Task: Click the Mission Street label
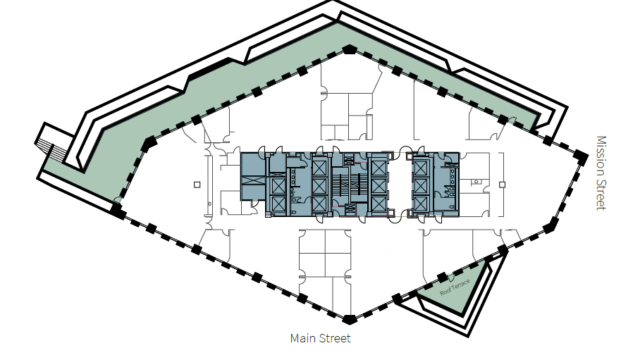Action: [x=601, y=173]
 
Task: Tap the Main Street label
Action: [x=320, y=339]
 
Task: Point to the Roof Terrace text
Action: [x=454, y=287]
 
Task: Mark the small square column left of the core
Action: [x=197, y=185]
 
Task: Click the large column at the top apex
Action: [x=349, y=50]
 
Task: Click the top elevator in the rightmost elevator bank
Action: [x=422, y=168]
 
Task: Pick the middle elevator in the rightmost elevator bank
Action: [x=422, y=185]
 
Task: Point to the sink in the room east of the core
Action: [x=477, y=182]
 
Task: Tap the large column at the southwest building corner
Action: [x=117, y=209]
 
